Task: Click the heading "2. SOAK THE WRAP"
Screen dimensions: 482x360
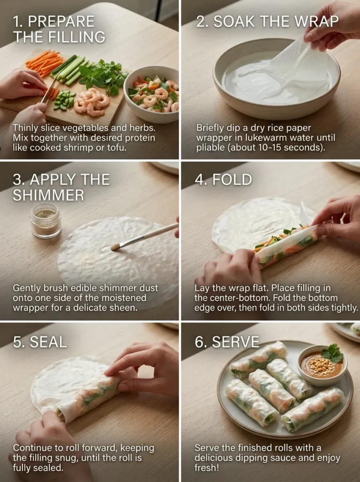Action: coord(267,22)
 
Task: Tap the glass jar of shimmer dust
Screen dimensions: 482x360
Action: coord(46,220)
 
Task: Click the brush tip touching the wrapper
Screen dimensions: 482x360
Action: coord(115,247)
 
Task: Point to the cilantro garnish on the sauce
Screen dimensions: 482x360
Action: coord(333,353)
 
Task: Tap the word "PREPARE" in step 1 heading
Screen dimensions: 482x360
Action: coord(62,22)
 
